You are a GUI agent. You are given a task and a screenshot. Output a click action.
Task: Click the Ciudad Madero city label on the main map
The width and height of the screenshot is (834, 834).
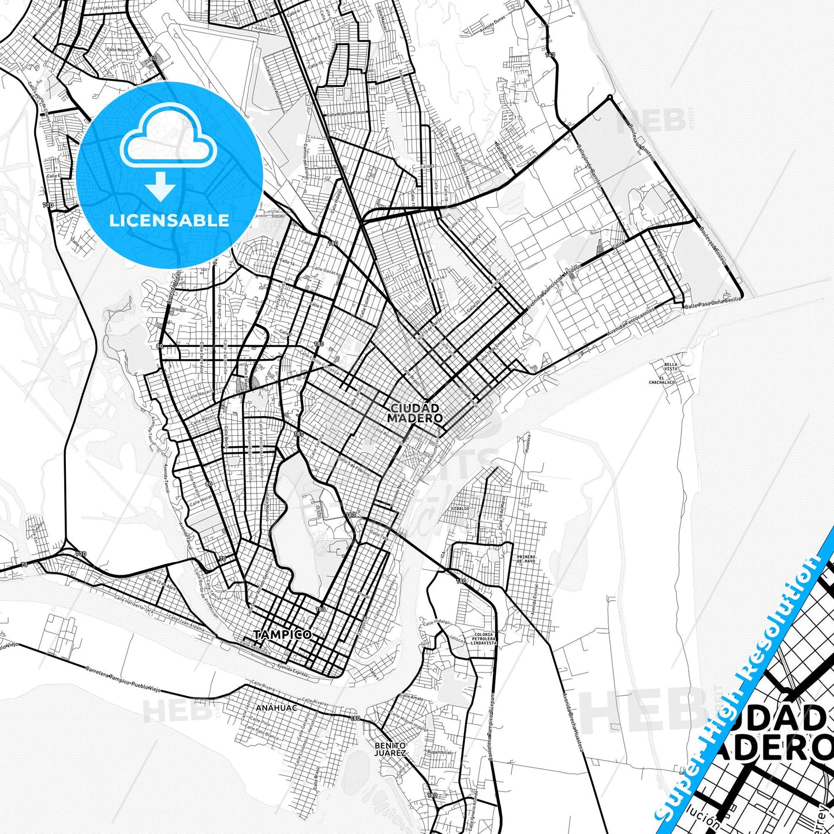[415, 413]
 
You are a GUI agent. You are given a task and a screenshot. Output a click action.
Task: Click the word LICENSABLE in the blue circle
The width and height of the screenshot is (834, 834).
[169, 220]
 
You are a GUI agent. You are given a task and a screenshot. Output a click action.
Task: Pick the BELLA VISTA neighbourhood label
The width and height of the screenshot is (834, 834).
[671, 367]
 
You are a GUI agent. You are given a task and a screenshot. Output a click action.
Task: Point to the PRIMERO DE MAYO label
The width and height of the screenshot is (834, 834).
[526, 559]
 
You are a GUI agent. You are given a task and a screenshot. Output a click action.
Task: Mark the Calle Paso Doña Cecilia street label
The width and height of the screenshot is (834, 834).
[712, 302]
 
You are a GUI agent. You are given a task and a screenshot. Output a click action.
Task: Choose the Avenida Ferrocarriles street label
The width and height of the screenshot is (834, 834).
[631, 324]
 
